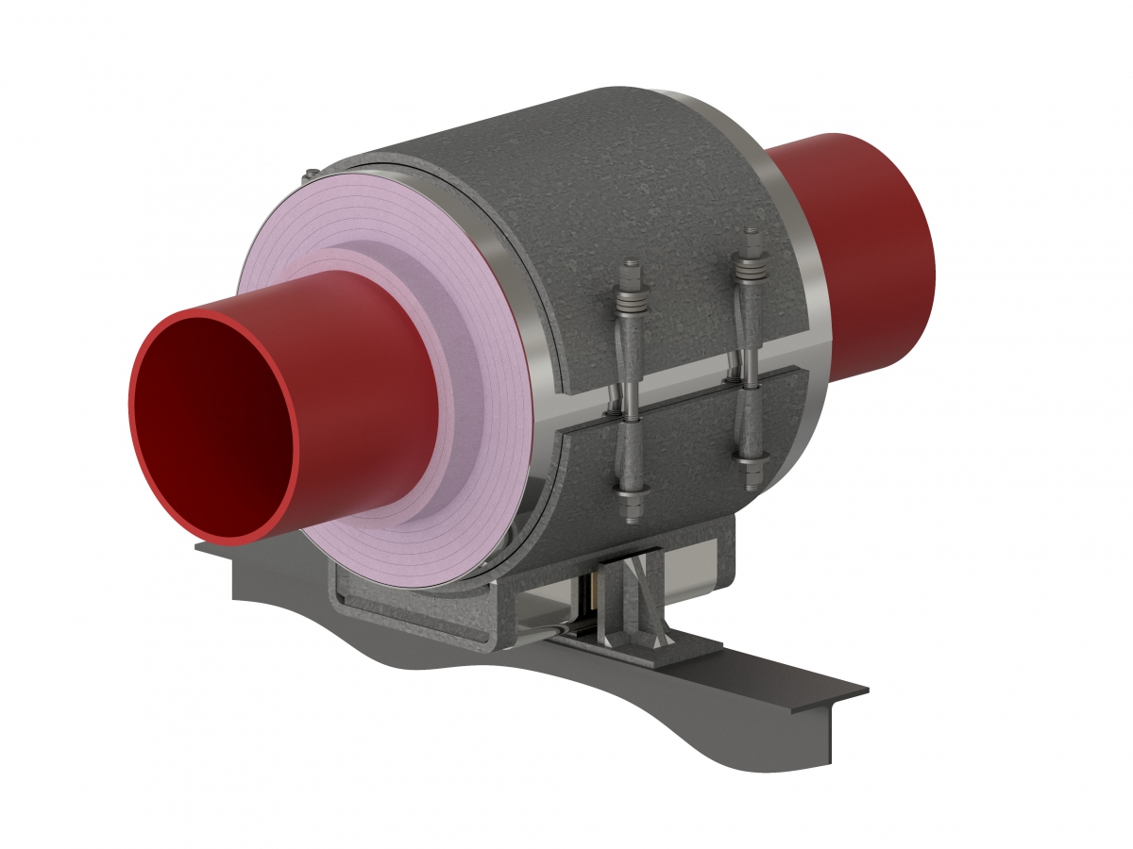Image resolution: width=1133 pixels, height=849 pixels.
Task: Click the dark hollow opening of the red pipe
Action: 212,429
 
